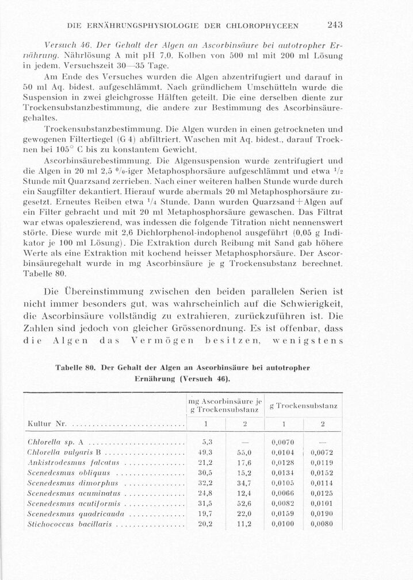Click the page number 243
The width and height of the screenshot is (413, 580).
point(333,25)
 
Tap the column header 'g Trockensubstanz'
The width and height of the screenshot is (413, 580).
point(303,406)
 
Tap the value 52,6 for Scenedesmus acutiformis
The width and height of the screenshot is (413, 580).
point(244,503)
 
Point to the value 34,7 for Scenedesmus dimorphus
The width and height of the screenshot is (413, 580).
point(244,483)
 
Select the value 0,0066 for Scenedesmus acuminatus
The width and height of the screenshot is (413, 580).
point(282,493)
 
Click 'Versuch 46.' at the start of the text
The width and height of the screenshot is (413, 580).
point(56,44)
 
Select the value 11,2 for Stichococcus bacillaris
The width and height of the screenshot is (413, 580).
point(244,524)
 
